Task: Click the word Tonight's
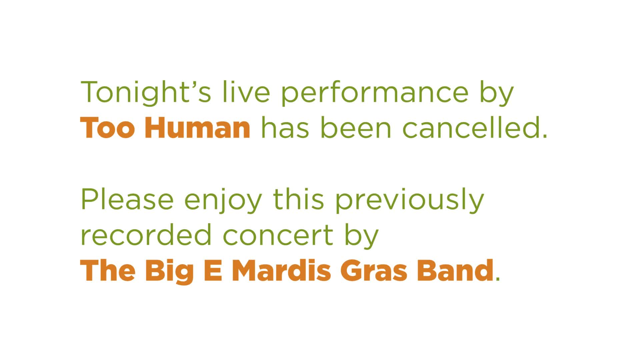click(146, 93)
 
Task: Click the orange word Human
click(197, 127)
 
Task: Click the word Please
click(127, 199)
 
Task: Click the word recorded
click(146, 235)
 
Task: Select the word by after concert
click(362, 236)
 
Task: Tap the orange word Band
click(455, 270)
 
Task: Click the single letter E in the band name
click(213, 270)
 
